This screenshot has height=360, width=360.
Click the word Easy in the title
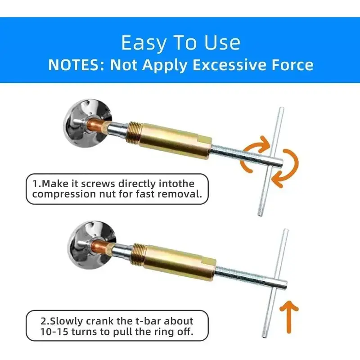(x=144, y=43)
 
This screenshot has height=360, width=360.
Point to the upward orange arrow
(x=289, y=317)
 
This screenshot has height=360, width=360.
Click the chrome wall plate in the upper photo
(x=87, y=123)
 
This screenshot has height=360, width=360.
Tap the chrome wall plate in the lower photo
(x=91, y=245)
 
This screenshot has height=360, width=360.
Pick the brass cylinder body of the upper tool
(x=175, y=140)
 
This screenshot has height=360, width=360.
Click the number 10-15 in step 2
(x=54, y=332)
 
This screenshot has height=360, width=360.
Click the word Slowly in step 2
(x=67, y=321)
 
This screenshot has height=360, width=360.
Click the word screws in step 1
(x=98, y=184)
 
